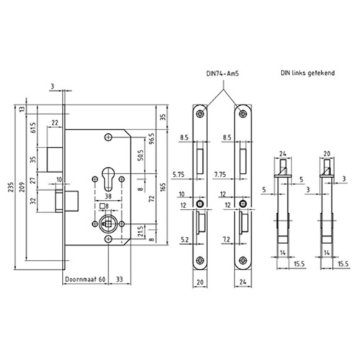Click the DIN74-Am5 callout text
pyautogui.click(x=222, y=73)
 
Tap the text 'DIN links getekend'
pyautogui.click(x=307, y=73)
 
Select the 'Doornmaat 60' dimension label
pyautogui.click(x=85, y=279)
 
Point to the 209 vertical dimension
pyautogui.click(x=22, y=186)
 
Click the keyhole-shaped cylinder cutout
pyautogui.click(x=108, y=179)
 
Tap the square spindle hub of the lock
pyautogui.click(x=108, y=224)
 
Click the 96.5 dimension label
pyautogui.click(x=152, y=139)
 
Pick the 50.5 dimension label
pyautogui.click(x=140, y=156)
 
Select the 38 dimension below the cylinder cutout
pyautogui.click(x=108, y=196)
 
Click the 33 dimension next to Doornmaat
pyautogui.click(x=120, y=279)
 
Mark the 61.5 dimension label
pyautogui.click(x=33, y=128)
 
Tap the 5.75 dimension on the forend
pyautogui.click(x=179, y=175)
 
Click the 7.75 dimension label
pyautogui.click(x=220, y=174)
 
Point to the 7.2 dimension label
pyautogui.click(x=226, y=239)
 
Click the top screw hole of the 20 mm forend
pyautogui.click(x=199, y=114)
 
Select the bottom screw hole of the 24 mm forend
pyautogui.click(x=243, y=260)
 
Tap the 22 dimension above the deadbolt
pyautogui.click(x=55, y=122)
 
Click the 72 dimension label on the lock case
pyautogui.click(x=152, y=199)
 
